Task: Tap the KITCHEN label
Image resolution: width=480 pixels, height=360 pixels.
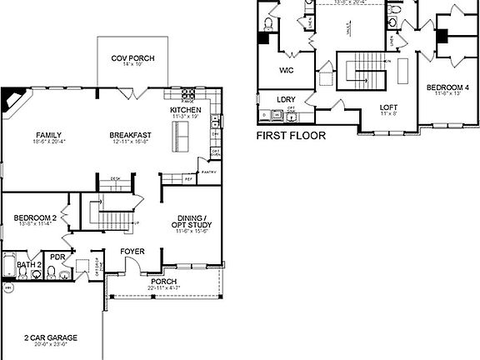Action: point(185,111)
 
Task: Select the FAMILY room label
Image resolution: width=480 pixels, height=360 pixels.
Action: point(49,135)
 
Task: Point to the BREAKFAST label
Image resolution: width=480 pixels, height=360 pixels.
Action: point(129,135)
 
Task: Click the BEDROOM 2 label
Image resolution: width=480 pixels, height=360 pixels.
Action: point(35,218)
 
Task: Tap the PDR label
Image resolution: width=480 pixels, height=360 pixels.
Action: point(57,257)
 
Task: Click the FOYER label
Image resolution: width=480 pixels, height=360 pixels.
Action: point(132,251)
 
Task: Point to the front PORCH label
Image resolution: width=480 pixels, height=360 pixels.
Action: point(163,282)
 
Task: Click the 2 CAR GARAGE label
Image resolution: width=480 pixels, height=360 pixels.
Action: point(50,337)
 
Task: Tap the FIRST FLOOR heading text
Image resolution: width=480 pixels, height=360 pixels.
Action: point(291,135)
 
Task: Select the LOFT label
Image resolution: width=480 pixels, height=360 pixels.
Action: point(388,107)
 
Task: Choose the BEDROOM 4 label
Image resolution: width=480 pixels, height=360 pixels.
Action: point(448,87)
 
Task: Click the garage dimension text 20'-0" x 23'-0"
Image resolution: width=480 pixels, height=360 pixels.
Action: point(50,344)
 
